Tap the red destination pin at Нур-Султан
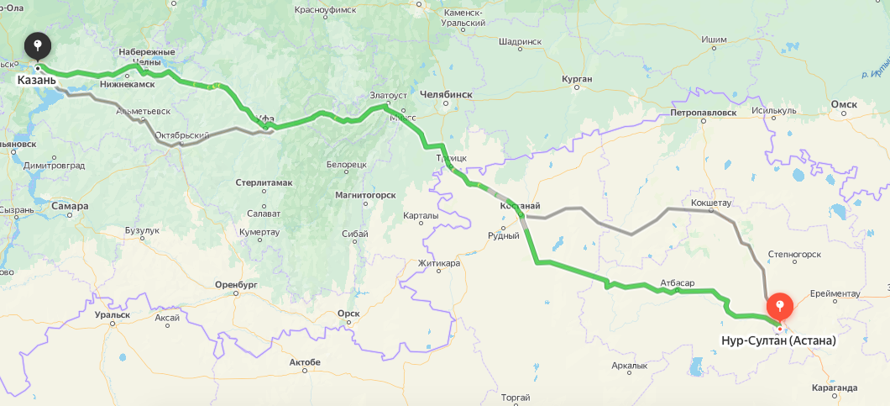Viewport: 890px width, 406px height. [x=780, y=305]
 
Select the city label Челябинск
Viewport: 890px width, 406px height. [x=445, y=95]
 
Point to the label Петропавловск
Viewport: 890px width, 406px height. [x=704, y=112]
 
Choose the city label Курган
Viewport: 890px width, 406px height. [x=577, y=79]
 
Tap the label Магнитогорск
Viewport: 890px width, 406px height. [x=365, y=194]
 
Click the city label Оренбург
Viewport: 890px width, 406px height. [x=235, y=285]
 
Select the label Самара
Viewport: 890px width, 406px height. [x=69, y=206]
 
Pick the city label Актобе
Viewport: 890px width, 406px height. [x=304, y=362]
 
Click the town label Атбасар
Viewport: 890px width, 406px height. [x=677, y=282]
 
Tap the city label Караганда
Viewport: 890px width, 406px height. [x=835, y=388]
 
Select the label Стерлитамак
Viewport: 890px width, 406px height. [x=264, y=182]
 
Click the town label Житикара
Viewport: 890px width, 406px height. [x=440, y=263]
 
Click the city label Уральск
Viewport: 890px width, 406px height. [x=113, y=314]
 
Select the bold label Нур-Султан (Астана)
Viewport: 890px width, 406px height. [x=778, y=341]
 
